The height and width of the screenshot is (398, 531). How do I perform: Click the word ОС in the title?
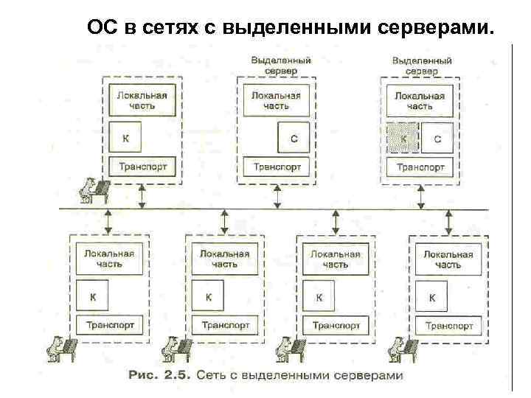101,29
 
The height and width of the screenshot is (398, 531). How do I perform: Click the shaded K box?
403,138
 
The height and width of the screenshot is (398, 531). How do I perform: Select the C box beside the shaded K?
437,138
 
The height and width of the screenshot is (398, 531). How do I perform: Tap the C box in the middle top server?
294,138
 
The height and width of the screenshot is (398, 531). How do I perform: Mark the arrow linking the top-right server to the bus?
420,196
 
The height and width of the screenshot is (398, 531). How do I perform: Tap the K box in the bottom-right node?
431,298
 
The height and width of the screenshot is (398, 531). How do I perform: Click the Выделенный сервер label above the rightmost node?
421,66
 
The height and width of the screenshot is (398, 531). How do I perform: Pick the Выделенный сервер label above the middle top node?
280,66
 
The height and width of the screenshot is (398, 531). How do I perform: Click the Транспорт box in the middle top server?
277,167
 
